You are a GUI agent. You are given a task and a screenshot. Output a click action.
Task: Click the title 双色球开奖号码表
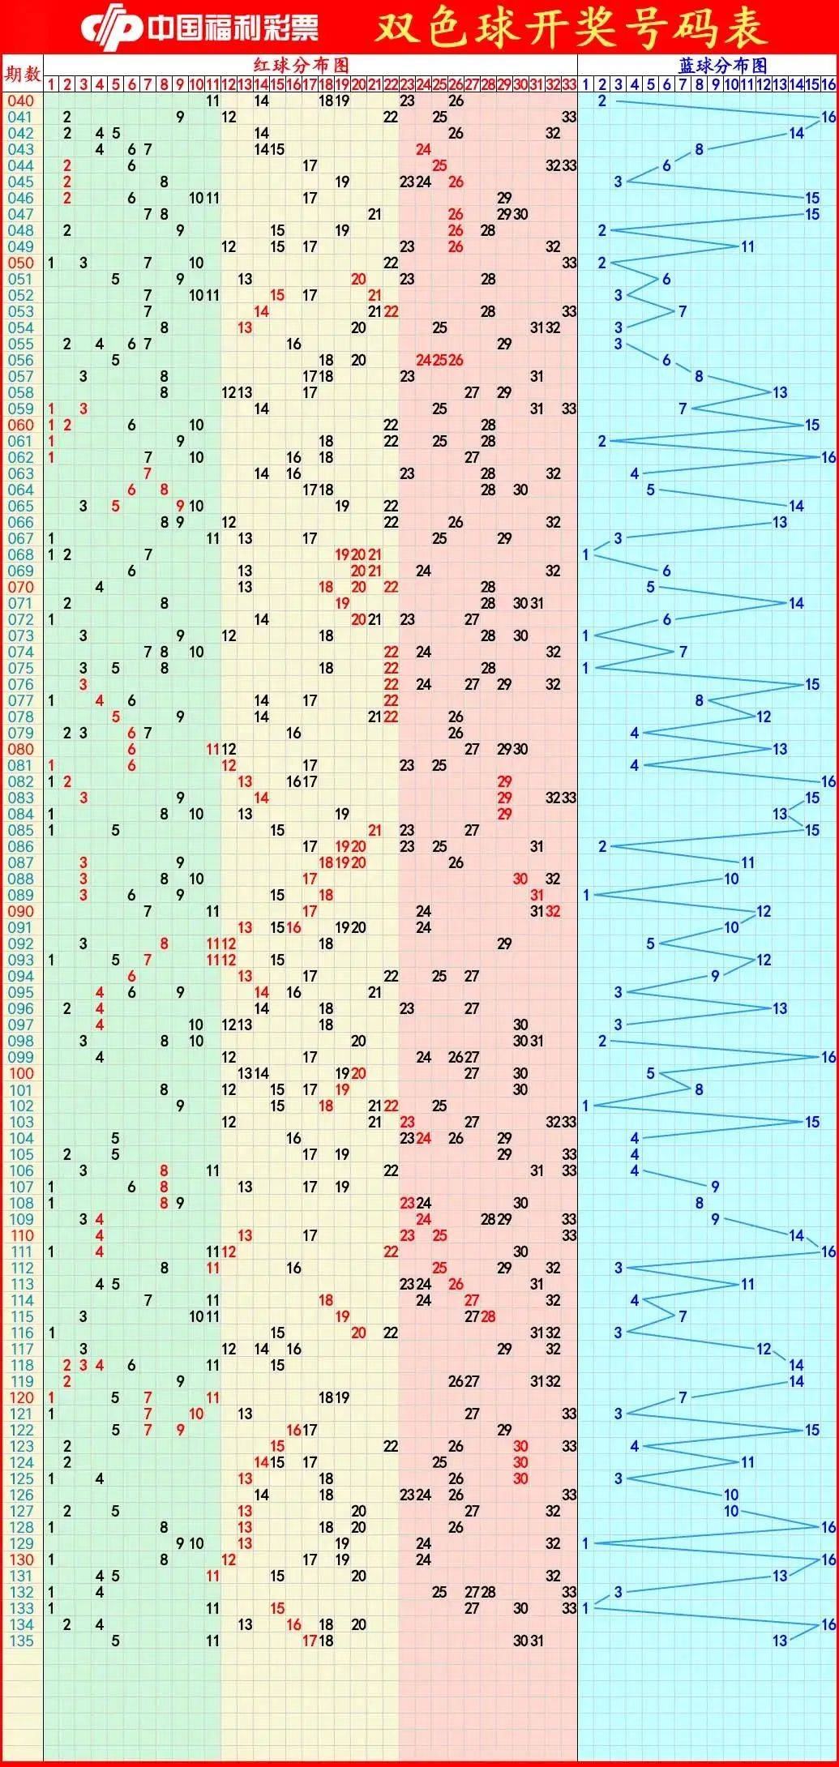(x=571, y=28)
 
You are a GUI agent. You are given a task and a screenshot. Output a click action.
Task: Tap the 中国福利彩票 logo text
(x=232, y=28)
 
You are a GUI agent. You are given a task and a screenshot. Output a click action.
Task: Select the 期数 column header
(x=22, y=75)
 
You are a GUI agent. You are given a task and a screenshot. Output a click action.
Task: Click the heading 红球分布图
(x=302, y=65)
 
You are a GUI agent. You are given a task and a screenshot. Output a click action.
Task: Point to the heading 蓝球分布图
(x=722, y=65)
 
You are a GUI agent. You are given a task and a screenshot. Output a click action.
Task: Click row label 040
(x=22, y=101)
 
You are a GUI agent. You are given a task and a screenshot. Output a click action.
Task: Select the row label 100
(x=22, y=1073)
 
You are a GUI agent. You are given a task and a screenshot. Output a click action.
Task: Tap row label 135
(x=22, y=1641)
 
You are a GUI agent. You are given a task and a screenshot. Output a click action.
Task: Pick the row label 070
(x=22, y=587)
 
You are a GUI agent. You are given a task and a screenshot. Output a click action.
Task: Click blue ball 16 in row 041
(x=828, y=117)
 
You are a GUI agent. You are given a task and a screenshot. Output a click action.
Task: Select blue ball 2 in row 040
(x=602, y=101)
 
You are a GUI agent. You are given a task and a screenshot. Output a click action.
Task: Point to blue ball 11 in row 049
(x=747, y=246)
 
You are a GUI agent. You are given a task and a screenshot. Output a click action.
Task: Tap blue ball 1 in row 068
(x=586, y=554)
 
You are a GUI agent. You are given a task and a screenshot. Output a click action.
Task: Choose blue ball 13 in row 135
(x=780, y=1641)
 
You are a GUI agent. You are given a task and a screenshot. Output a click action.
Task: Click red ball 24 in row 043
(x=423, y=149)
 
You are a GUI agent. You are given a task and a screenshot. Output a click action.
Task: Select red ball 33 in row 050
(x=569, y=263)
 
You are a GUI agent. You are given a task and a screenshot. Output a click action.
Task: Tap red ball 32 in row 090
(x=553, y=911)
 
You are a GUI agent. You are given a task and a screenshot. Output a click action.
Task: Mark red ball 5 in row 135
(x=115, y=1641)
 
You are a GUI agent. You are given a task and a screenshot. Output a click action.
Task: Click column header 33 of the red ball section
(x=569, y=84)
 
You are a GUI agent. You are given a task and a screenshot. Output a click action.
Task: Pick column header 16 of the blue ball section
(x=828, y=84)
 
